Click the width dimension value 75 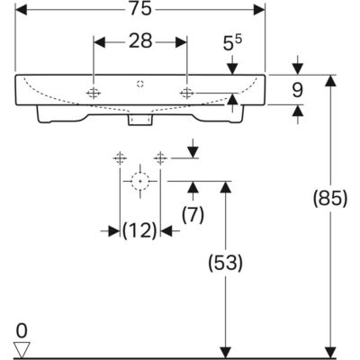(140, 10)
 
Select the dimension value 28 (140, 41)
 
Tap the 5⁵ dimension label (232, 43)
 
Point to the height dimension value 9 (297, 90)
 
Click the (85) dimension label (330, 199)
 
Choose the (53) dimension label (225, 263)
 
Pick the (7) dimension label (193, 215)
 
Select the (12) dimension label (139, 231)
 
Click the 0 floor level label (22, 331)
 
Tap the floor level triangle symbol (22, 349)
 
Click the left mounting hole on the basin (94, 94)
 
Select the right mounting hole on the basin (186, 94)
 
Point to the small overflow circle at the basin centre (140, 84)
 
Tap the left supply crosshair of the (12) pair (120, 157)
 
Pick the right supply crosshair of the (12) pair (160, 157)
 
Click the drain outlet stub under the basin (140, 120)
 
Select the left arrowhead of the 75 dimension (21, 10)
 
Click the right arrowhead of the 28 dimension (181, 42)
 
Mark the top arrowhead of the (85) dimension (330, 80)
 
